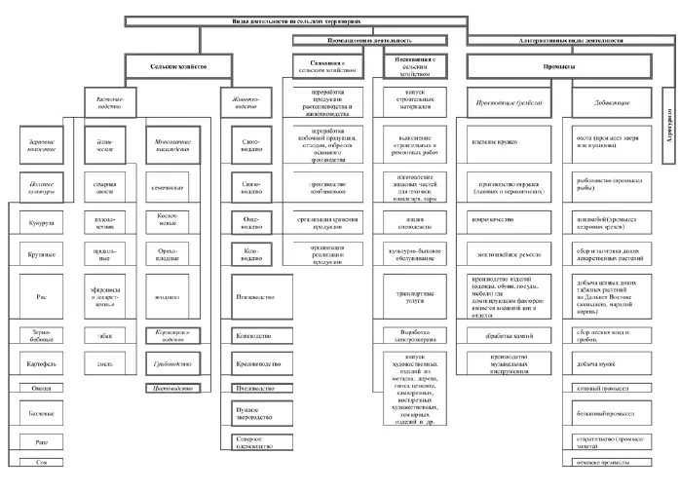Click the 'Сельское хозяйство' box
(x=178, y=66)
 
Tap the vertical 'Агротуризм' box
(x=667, y=127)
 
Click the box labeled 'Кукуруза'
(x=41, y=221)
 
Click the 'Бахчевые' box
(x=41, y=413)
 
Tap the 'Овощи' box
(x=41, y=388)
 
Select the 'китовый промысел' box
(x=614, y=388)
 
